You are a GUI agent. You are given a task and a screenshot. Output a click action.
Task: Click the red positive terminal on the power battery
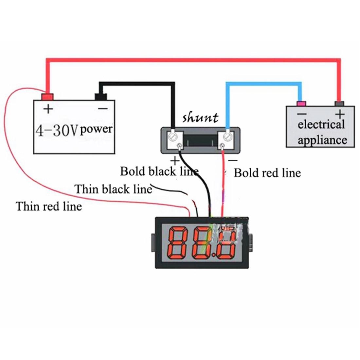coord(47,97)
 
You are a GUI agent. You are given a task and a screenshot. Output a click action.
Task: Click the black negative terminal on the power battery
coord(100,97)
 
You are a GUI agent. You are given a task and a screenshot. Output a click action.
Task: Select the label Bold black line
coord(159,171)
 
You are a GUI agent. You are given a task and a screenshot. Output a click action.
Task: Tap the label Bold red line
coord(267,173)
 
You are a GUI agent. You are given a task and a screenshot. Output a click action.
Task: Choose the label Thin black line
coord(113,189)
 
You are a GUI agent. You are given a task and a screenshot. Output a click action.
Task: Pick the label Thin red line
coord(49,207)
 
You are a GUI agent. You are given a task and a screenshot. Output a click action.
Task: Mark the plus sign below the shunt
coord(175,161)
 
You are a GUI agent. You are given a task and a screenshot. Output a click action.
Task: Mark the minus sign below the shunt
coord(233,160)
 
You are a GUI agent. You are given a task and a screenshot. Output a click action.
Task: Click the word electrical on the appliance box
coord(321,125)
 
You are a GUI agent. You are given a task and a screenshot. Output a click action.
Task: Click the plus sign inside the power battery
coord(48,109)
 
